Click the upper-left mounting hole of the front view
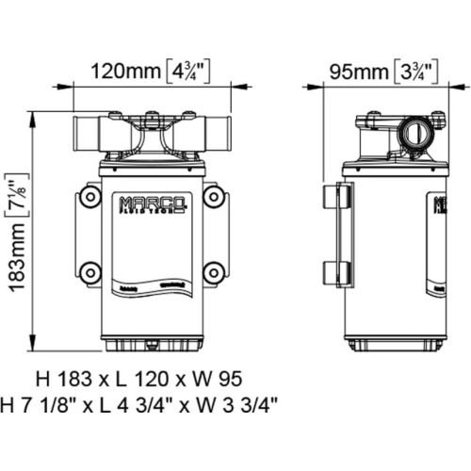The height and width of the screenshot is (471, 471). (90, 197)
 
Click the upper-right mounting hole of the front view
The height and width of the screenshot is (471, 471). (214, 197)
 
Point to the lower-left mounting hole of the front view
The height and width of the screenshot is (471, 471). (90, 273)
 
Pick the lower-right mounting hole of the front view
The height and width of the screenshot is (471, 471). (214, 273)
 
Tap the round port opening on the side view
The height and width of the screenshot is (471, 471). (411, 133)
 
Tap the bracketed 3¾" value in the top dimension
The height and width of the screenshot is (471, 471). (415, 72)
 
